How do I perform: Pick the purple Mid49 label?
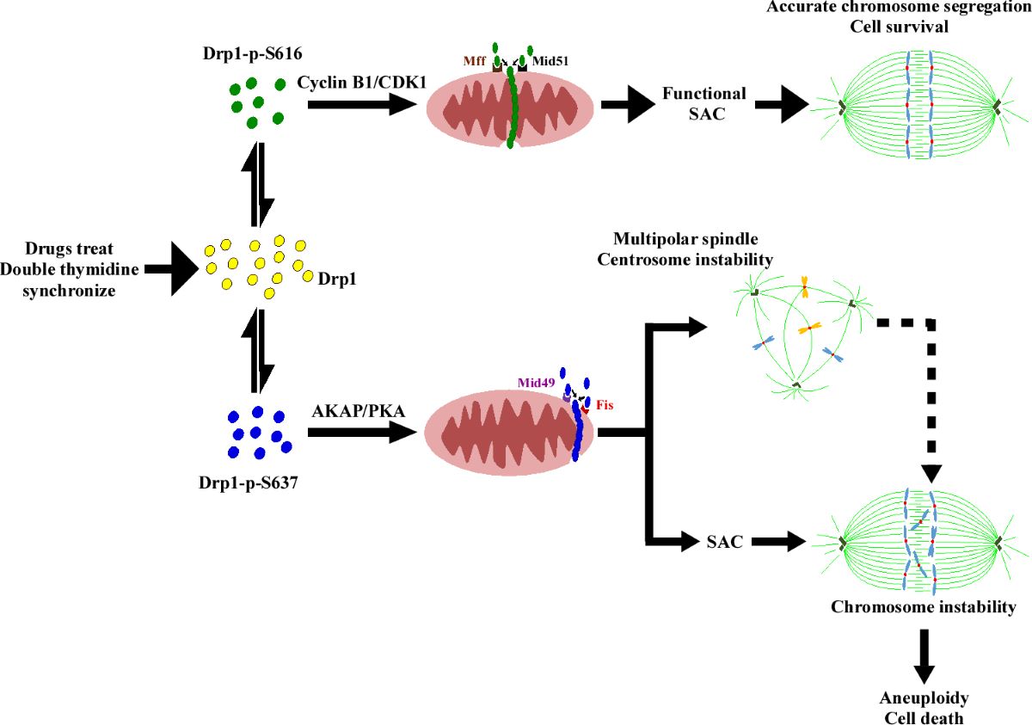pyautogui.click(x=535, y=381)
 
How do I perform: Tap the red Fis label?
pyautogui.click(x=605, y=401)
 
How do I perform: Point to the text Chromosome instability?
pyautogui.click(x=923, y=607)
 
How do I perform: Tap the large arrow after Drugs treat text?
pyautogui.click(x=172, y=268)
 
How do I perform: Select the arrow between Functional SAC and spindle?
pyautogui.click(x=783, y=107)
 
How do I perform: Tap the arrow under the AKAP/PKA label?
pyautogui.click(x=356, y=434)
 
